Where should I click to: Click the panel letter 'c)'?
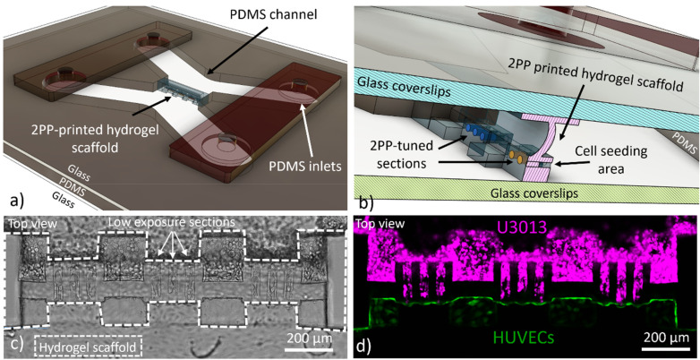(x=14, y=344)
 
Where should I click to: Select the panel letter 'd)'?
(x=368, y=344)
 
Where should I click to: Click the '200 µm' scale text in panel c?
(x=306, y=339)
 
